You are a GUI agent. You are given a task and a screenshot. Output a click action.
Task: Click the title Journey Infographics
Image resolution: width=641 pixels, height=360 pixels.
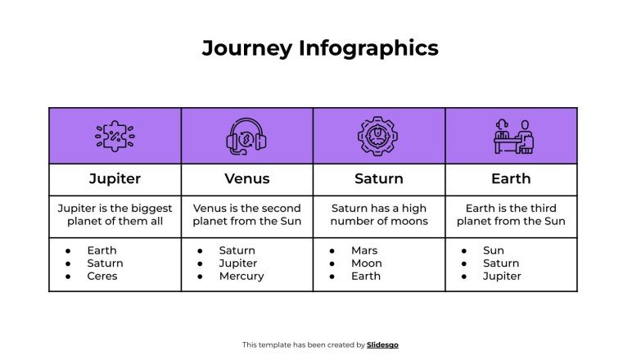point(320,48)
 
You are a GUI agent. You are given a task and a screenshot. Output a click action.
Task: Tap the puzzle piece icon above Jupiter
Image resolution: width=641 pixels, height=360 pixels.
point(115,136)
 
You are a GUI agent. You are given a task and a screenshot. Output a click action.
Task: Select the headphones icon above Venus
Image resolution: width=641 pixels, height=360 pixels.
point(246,136)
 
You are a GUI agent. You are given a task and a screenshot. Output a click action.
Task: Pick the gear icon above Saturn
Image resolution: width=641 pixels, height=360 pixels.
point(378,136)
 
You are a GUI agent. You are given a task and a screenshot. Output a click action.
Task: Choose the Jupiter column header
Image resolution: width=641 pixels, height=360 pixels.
point(115,178)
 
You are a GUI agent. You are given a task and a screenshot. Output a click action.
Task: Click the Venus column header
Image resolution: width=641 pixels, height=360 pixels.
point(246,178)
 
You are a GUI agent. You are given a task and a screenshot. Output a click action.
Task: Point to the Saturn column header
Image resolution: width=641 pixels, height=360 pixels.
point(379,178)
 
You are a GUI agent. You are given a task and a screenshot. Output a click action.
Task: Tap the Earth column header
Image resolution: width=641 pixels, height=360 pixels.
point(511,178)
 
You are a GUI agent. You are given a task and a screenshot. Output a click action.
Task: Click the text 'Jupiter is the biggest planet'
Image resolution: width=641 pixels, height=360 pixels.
point(115,214)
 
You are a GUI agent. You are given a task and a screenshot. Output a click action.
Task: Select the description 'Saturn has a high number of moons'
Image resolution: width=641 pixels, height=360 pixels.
point(379,214)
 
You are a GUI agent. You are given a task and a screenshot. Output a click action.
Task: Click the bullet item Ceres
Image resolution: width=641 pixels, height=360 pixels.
point(102,277)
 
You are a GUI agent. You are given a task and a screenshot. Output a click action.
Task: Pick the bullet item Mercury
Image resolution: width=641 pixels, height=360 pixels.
point(242,277)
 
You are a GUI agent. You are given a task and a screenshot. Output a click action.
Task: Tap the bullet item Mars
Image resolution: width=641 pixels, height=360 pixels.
point(364,250)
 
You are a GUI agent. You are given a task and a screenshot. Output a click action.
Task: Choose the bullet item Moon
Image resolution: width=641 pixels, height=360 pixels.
point(366,263)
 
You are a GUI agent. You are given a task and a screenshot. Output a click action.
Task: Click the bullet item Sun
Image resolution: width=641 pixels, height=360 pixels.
point(494,250)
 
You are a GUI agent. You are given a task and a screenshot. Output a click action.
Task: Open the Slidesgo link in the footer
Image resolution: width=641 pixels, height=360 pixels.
point(382,345)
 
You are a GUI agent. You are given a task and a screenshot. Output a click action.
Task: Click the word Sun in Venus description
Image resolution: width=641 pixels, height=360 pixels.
point(291,221)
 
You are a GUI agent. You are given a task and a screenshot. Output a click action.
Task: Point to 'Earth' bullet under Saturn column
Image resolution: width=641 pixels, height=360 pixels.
point(366,277)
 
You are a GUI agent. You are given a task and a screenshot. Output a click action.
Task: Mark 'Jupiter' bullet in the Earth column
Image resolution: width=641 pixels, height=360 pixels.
point(502,277)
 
